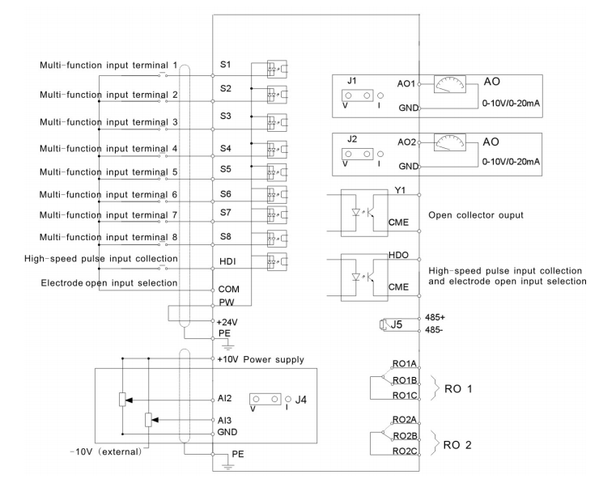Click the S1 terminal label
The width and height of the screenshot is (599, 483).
pos(225,64)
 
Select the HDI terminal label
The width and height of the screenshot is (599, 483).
pos(227,261)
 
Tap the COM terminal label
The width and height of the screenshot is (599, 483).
pos(228,289)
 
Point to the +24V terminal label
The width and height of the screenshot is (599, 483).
pos(227,322)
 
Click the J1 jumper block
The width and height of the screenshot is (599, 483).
pos(358,95)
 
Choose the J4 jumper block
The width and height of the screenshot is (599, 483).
pos(266,400)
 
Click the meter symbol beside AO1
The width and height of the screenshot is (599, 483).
pos(450,84)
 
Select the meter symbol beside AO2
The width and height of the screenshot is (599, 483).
pos(450,143)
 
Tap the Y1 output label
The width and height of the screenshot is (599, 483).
pos(401,190)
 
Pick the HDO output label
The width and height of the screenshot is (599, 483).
pos(398,255)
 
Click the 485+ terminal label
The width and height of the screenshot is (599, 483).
pos(435,317)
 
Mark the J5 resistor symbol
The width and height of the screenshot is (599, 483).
pos(382,324)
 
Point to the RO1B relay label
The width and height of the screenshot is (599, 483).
pos(405,380)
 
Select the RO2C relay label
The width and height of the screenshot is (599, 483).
pos(405,451)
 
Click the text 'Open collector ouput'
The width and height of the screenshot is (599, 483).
pos(476,215)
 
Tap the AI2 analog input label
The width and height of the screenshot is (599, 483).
pos(225,398)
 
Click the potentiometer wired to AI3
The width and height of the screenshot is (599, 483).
pos(149,420)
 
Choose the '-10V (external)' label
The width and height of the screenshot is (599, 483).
pos(106,452)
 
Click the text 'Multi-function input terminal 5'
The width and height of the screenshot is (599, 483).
pos(108,172)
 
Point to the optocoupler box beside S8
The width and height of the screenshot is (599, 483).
pos(277,239)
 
